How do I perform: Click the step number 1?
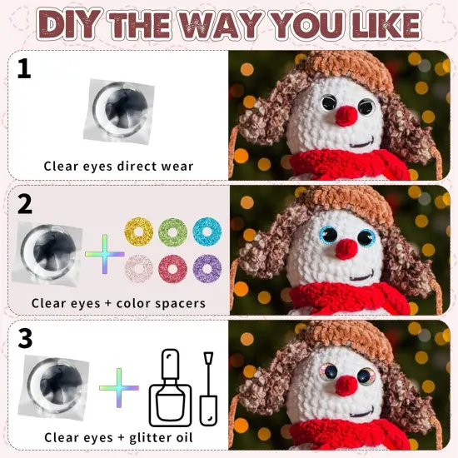pyautogui.click(x=24, y=68)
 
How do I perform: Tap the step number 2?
pyautogui.click(x=24, y=202)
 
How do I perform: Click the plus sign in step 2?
pyautogui.click(x=104, y=250)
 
